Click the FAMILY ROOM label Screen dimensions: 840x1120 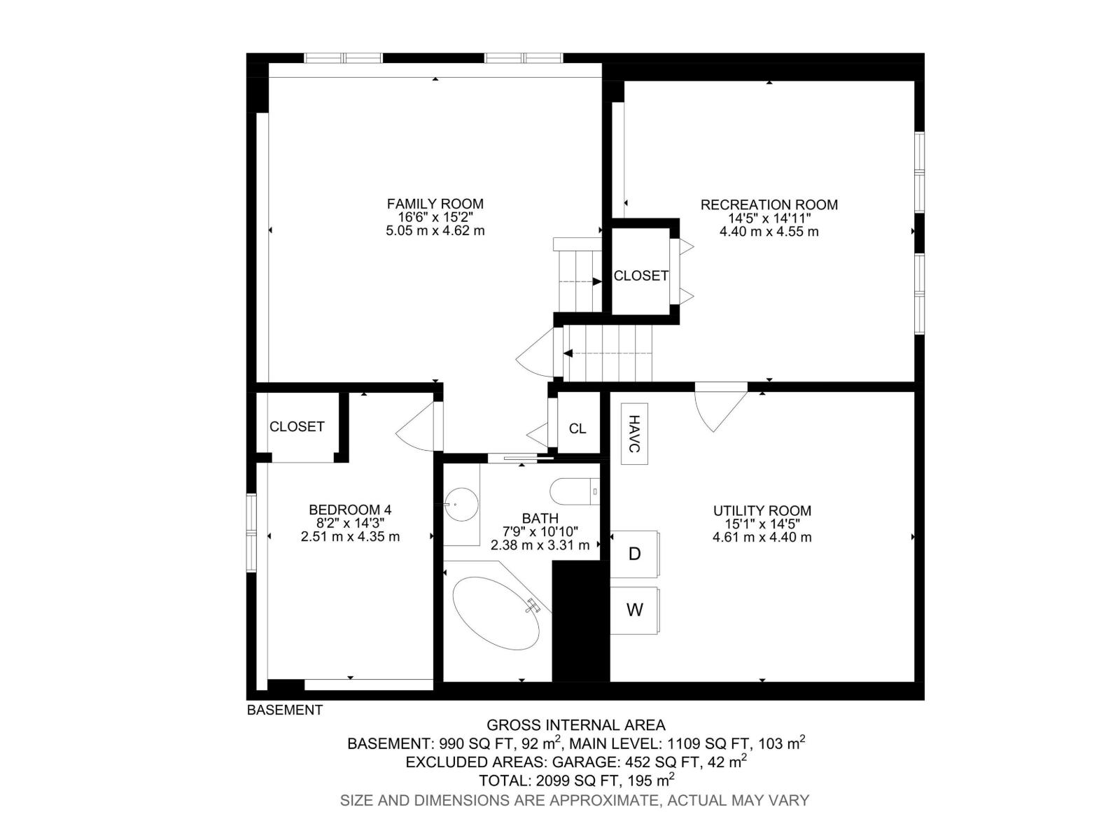click(435, 204)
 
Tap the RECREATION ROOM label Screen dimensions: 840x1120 click(769, 204)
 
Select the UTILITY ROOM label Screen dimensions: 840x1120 click(762, 510)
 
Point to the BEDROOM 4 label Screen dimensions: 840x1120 click(350, 510)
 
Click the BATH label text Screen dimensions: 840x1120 click(540, 518)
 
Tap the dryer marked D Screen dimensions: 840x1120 click(634, 554)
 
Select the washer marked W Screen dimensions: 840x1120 click(634, 610)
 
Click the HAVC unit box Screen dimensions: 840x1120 click(634, 434)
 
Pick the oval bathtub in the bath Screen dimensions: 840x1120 click(496, 612)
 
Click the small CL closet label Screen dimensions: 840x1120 click(577, 428)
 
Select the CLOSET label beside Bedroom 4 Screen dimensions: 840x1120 click(297, 426)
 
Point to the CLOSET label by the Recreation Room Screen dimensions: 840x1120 click(640, 276)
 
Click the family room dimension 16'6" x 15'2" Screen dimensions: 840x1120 click(435, 217)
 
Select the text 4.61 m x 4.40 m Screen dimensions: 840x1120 click(762, 537)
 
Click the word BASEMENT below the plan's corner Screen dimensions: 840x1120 click(285, 710)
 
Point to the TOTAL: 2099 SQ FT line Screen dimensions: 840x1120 click(576, 780)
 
